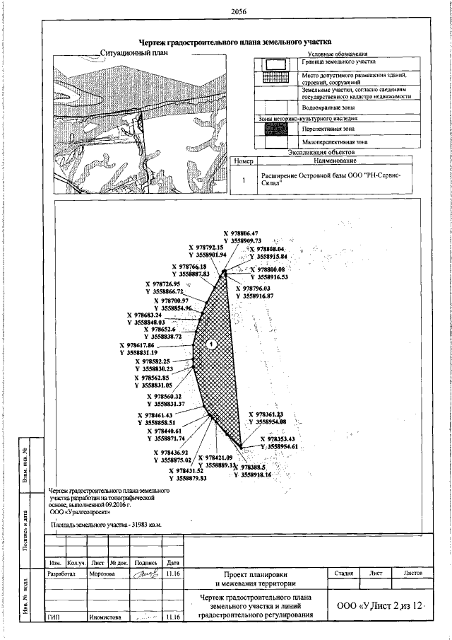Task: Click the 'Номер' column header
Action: [242, 162]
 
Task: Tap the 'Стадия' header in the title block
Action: [344, 574]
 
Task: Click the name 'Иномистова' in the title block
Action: [107, 617]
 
